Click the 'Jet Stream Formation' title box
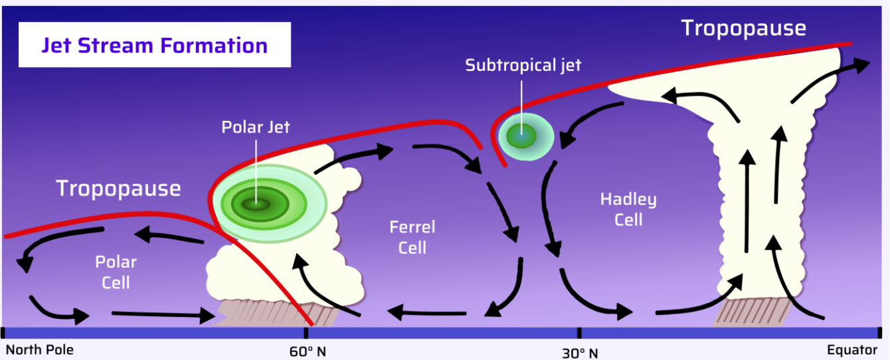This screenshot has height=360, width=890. click(x=154, y=45)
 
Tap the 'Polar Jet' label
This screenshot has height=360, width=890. click(x=256, y=127)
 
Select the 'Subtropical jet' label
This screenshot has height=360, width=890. click(x=523, y=66)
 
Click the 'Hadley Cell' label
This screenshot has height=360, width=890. click(x=628, y=209)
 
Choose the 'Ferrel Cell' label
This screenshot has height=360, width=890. click(x=412, y=237)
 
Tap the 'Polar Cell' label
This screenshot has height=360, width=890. click(x=116, y=272)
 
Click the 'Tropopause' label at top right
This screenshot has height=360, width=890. click(x=743, y=29)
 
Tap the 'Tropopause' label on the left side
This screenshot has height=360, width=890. click(x=118, y=188)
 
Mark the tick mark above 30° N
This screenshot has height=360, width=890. click(x=579, y=332)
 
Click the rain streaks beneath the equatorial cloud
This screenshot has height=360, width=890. click(x=750, y=312)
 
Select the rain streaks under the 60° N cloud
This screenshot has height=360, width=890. click(x=279, y=312)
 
